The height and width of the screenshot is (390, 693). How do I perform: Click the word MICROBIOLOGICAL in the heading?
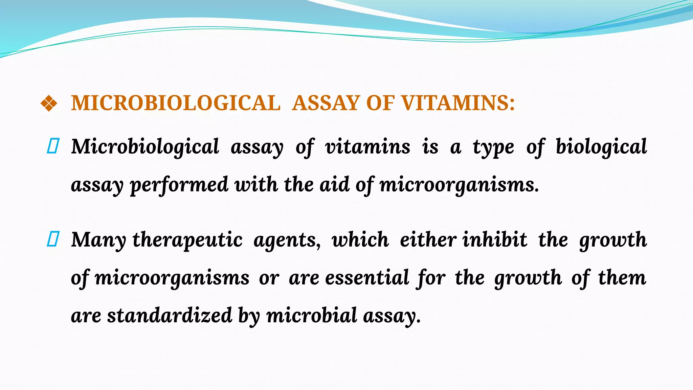(176, 103)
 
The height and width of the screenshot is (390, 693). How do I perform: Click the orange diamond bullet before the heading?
(49, 103)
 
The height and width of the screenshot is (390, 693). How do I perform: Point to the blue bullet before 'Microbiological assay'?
(53, 146)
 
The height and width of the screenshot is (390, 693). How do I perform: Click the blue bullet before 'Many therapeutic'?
(53, 239)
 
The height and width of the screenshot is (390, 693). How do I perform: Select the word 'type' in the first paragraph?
(493, 147)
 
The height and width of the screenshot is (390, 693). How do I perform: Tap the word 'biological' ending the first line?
(601, 147)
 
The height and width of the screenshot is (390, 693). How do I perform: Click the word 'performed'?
(179, 185)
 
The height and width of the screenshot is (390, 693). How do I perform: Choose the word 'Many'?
(98, 240)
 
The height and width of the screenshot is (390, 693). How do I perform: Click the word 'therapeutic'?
(187, 240)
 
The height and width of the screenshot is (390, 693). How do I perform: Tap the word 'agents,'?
(287, 240)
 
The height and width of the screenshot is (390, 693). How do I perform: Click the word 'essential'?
(367, 278)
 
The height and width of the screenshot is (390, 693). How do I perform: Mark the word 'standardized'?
(170, 315)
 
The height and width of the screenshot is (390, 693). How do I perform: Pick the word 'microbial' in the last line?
(312, 315)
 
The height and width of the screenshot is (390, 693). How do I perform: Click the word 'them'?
(622, 278)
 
